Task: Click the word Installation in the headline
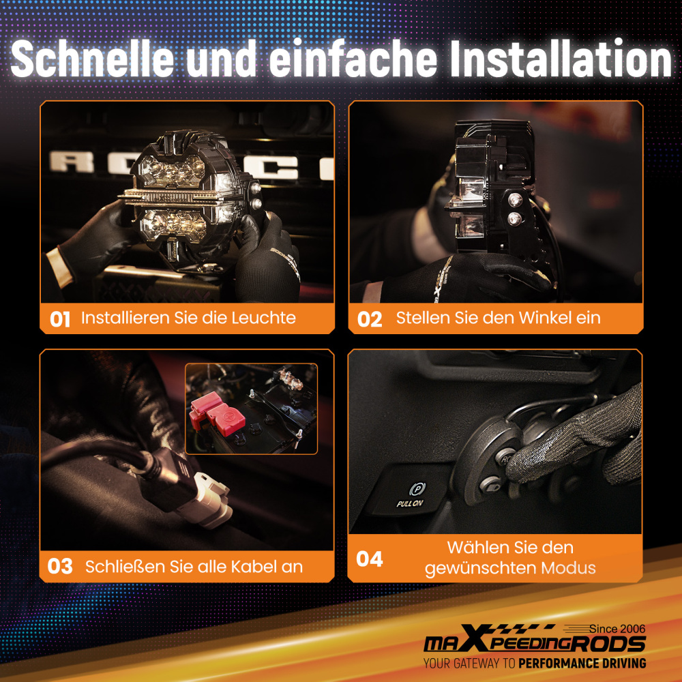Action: [561, 59]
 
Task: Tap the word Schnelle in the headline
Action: [92, 59]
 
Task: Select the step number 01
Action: [60, 319]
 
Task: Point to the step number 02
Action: [369, 319]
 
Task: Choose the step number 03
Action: [60, 566]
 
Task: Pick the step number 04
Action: [369, 559]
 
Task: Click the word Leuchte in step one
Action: [263, 318]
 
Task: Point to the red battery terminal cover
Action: [217, 413]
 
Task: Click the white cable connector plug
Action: [210, 500]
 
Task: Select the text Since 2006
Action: [617, 629]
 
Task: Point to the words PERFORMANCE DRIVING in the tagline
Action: [582, 664]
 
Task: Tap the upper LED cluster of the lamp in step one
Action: [173, 170]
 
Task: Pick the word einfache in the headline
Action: [353, 59]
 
